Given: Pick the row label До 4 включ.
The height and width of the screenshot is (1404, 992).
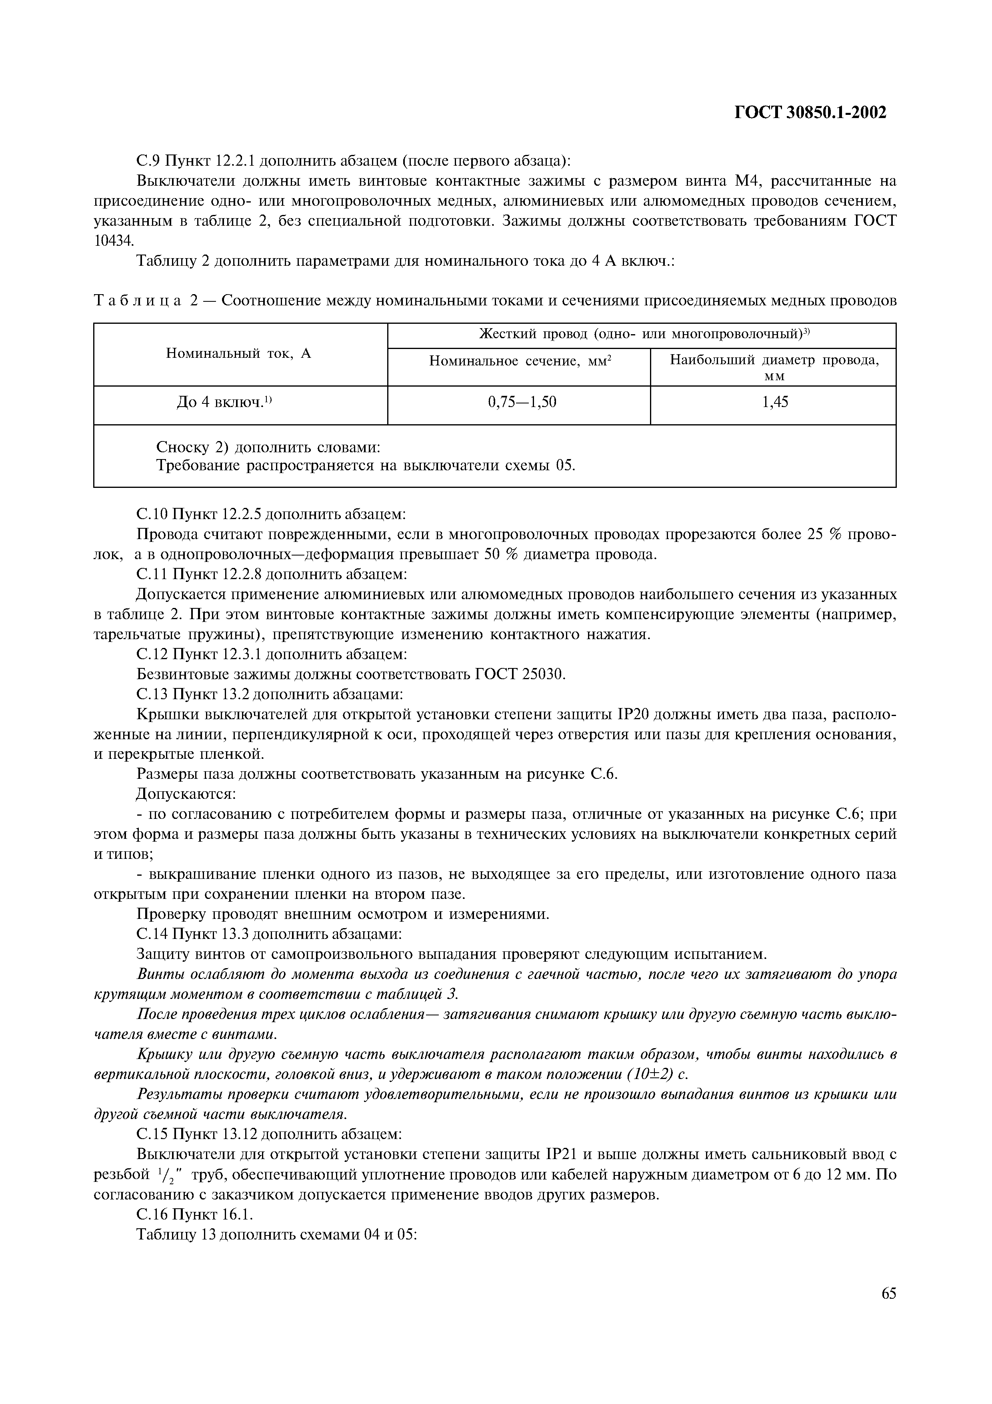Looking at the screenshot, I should click(223, 402).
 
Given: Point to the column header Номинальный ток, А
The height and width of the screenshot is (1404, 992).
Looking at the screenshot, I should click(238, 353).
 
